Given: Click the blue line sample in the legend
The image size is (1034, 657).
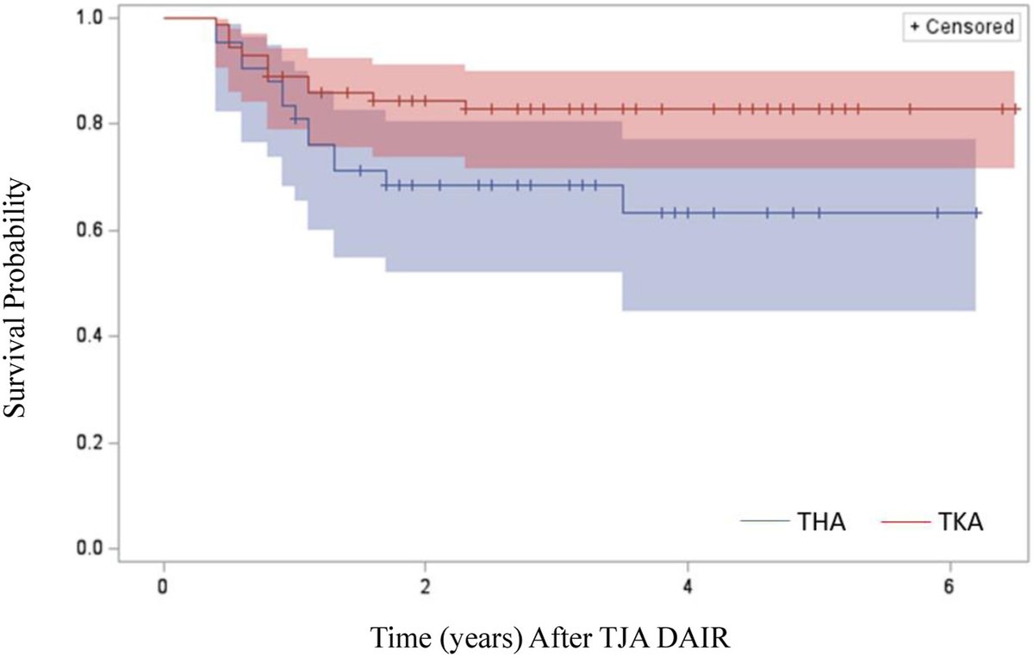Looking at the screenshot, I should (x=764, y=521).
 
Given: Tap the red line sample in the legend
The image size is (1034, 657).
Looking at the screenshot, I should (x=906, y=521).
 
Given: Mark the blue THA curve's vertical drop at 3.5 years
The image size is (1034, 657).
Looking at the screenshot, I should (x=622, y=199).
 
